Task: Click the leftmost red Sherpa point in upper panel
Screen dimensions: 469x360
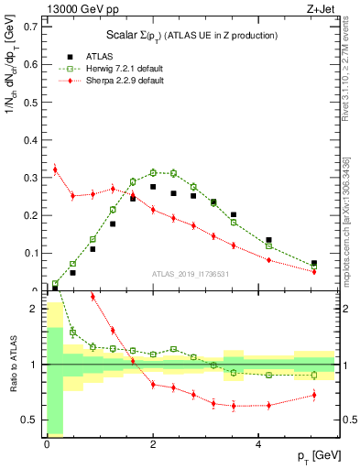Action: [55, 169]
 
